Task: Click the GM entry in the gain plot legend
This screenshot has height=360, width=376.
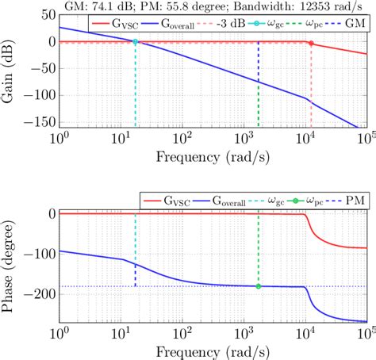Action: click(351, 25)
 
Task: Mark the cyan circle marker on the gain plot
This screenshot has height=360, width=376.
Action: click(135, 41)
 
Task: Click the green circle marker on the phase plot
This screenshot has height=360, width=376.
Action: click(259, 286)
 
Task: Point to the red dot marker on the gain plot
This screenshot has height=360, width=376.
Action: click(310, 43)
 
